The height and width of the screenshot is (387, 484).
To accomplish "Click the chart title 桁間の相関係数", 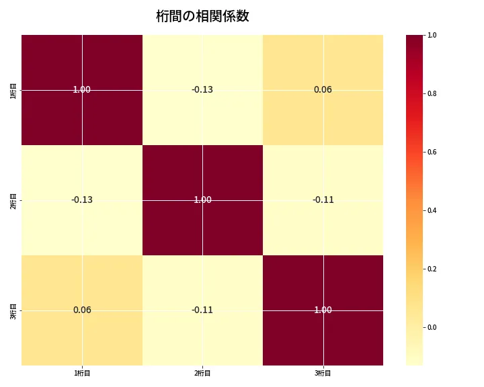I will [x=202, y=16].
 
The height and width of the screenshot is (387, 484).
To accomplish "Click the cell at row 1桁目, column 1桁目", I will [x=81, y=89].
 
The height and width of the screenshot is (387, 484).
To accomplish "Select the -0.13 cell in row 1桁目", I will [x=202, y=89].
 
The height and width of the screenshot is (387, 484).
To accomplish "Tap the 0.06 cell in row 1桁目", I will [x=323, y=89].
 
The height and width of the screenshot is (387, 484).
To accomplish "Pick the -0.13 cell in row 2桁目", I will [x=81, y=200].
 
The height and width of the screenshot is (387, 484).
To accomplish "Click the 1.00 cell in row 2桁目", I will [x=202, y=200].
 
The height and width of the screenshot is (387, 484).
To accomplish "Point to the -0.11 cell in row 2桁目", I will [x=323, y=200].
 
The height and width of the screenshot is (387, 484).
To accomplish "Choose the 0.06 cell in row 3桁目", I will [x=81, y=310].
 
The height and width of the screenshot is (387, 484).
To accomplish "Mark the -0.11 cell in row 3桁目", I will [x=202, y=310].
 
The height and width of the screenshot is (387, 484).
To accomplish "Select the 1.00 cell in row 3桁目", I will [x=323, y=310].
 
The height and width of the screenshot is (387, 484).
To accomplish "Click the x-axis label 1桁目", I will [x=82, y=373].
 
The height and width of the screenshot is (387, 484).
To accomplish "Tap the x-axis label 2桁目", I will [x=202, y=373].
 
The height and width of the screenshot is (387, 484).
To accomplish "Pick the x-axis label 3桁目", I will [x=323, y=373].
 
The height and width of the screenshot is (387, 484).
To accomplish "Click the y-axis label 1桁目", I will [x=13, y=89].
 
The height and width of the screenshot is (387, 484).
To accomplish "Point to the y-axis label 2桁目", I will [x=13, y=200].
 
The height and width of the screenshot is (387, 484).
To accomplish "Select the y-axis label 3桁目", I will [x=13, y=310].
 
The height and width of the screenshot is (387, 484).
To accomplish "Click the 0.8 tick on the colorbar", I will [x=432, y=93].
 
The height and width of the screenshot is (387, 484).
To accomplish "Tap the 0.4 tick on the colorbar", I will [x=432, y=210].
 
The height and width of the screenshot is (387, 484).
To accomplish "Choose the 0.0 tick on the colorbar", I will [x=432, y=327].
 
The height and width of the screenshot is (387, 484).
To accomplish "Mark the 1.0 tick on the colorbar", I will [x=432, y=35].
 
